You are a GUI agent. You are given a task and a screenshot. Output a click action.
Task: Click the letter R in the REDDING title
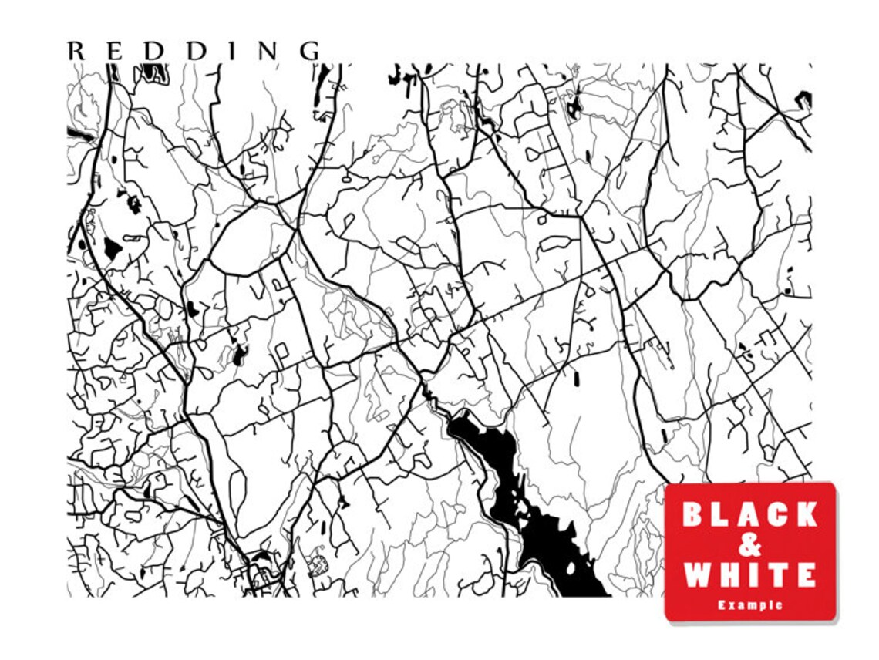pyautogui.click(x=76, y=51)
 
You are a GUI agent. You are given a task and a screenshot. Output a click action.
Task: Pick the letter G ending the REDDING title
pyautogui.click(x=310, y=51)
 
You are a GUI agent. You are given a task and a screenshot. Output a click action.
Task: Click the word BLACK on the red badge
pyautogui.click(x=749, y=514)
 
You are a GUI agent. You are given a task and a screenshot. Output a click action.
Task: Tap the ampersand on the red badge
pyautogui.click(x=749, y=544)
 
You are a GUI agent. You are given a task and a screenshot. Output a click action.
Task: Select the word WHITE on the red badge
pyautogui.click(x=749, y=575)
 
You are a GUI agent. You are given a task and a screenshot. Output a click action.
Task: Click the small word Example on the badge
pyautogui.click(x=749, y=605)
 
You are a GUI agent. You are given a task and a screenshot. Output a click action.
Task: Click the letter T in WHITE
pyautogui.click(x=775, y=575)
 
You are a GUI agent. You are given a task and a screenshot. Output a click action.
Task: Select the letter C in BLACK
pyautogui.click(x=776, y=514)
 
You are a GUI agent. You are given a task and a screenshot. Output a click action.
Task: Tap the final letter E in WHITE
pyautogui.click(x=805, y=575)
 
